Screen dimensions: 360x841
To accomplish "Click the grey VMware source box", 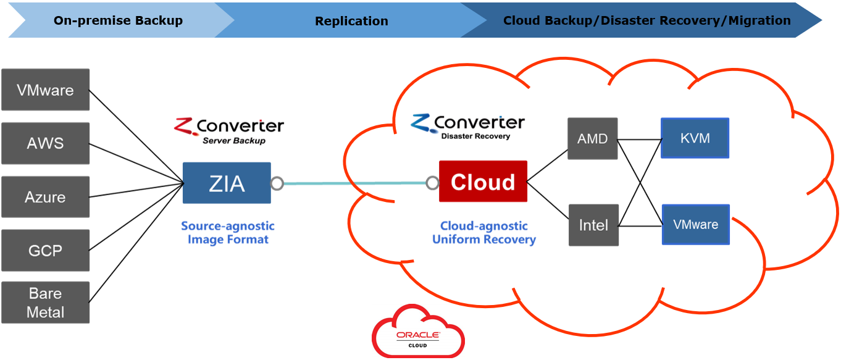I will point(45,90).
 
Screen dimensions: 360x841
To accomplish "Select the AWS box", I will point(45,143).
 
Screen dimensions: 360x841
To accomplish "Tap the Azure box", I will point(45,197).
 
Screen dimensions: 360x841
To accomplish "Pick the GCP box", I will point(45,250).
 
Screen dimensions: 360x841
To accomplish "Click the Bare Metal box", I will point(45,303).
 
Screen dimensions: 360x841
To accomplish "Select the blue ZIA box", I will point(227,183).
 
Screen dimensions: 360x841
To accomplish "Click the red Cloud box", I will point(483,182).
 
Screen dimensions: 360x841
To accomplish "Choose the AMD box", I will point(593,138).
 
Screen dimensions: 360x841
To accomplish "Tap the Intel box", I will point(593,225).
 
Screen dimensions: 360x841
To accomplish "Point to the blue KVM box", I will point(695,138).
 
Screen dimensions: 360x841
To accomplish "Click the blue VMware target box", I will point(695,224).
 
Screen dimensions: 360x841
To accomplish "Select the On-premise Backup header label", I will point(118,20).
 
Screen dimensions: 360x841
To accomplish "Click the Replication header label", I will point(351,21).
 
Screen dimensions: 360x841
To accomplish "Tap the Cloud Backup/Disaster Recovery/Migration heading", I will point(646,20).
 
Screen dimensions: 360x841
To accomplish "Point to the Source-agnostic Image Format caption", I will point(228,233).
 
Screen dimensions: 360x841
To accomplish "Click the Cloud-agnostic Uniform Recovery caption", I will point(483,233).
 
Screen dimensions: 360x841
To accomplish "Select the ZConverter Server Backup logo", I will point(229,130).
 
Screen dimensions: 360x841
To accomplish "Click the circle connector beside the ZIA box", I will point(277,183).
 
